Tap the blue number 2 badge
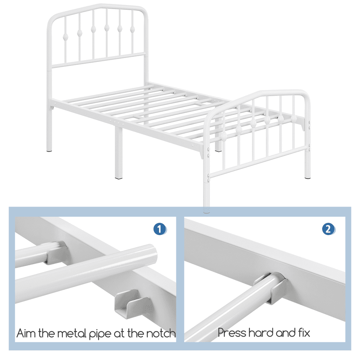tap(328, 229)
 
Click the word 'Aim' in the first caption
tap(26, 333)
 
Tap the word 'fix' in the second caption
tap(303, 332)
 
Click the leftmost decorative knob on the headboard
tap(66, 36)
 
